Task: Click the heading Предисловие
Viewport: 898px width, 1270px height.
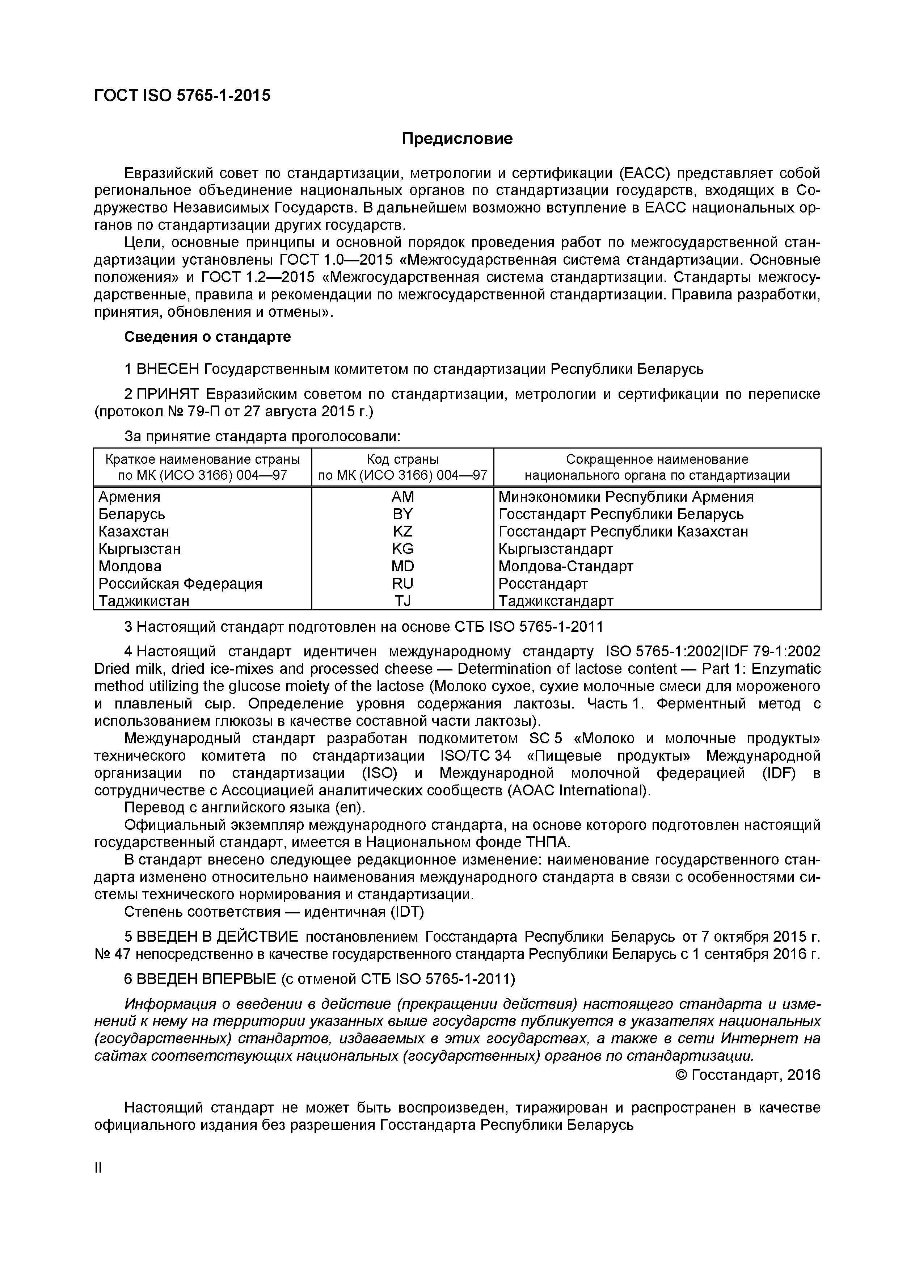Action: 457,138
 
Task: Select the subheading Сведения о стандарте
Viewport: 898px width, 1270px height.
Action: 207,337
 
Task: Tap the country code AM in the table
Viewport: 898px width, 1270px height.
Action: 402,497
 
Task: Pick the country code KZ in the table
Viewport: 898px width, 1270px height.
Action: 402,531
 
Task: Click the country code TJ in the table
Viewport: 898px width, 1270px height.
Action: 402,601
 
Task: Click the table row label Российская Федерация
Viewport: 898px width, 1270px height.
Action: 180,584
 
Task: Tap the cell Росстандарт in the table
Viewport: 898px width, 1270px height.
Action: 543,584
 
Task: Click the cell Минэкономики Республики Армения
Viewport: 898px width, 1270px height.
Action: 625,497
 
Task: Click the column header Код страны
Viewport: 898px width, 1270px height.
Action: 402,459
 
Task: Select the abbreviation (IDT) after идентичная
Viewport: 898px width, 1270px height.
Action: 407,911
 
